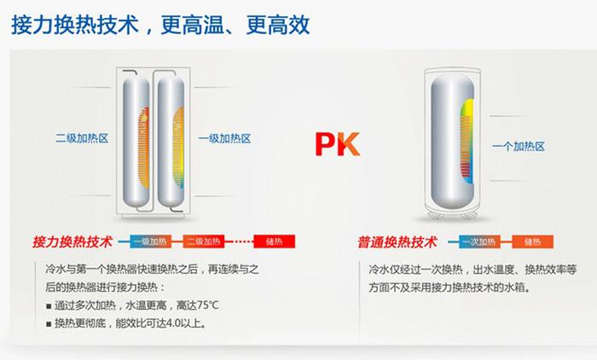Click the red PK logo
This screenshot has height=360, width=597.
click(338, 144)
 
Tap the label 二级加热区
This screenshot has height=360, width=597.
click(82, 138)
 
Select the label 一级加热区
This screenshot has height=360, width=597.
click(224, 138)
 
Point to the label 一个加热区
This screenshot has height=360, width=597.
click(519, 146)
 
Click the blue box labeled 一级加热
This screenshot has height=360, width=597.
click(150, 241)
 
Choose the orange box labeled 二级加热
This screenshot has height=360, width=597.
click(204, 241)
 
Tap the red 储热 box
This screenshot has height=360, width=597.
click(274, 241)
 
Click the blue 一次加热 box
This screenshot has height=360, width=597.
click(479, 241)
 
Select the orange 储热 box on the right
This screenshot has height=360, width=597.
click(532, 241)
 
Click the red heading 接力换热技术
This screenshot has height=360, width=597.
click(72, 242)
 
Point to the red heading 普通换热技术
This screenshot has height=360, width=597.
click(397, 242)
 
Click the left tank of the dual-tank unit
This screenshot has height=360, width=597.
click(136, 141)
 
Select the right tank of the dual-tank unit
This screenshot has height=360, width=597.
click(171, 141)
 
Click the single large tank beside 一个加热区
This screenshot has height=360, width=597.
click(452, 142)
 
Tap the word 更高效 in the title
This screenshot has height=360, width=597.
click(277, 25)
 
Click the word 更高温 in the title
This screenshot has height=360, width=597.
click(192, 25)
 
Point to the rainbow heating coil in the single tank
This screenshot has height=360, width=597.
click(467, 141)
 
